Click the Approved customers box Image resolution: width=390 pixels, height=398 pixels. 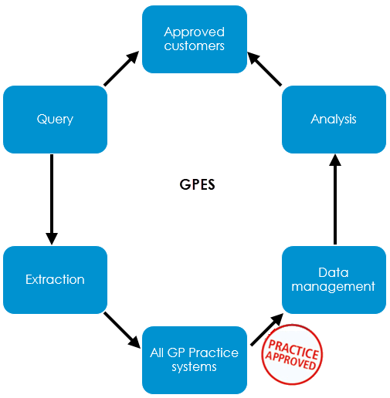tap(195, 39)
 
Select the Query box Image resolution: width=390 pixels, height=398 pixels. tap(55, 120)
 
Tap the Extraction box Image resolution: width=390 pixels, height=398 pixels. tap(55, 280)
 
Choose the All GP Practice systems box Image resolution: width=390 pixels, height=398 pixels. tap(195, 360)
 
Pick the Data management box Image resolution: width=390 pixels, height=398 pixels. tap(334, 280)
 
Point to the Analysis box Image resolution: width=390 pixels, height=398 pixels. tap(334, 120)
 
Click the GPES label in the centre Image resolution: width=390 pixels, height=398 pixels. tap(197, 184)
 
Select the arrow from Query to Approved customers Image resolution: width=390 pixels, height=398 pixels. tap(121, 69)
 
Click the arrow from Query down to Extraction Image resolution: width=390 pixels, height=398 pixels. tap(52, 200)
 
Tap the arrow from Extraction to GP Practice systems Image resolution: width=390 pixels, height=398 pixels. tap(122, 330)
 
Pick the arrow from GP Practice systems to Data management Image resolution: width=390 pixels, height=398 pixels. tap(267, 329)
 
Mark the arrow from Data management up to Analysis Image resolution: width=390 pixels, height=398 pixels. tap(335, 199)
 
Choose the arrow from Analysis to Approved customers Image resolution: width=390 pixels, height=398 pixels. tap(265, 69)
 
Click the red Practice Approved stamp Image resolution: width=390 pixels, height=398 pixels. tap(292, 355)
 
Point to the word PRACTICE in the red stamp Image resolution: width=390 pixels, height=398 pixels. tap(293, 349)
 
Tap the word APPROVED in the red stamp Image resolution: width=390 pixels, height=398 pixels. tap(290, 360)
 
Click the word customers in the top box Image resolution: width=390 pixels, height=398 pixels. tap(195, 46)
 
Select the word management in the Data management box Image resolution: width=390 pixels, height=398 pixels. tap(334, 287)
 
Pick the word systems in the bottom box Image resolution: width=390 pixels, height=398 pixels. tap(195, 367)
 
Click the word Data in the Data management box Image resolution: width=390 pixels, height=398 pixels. tap(334, 272)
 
